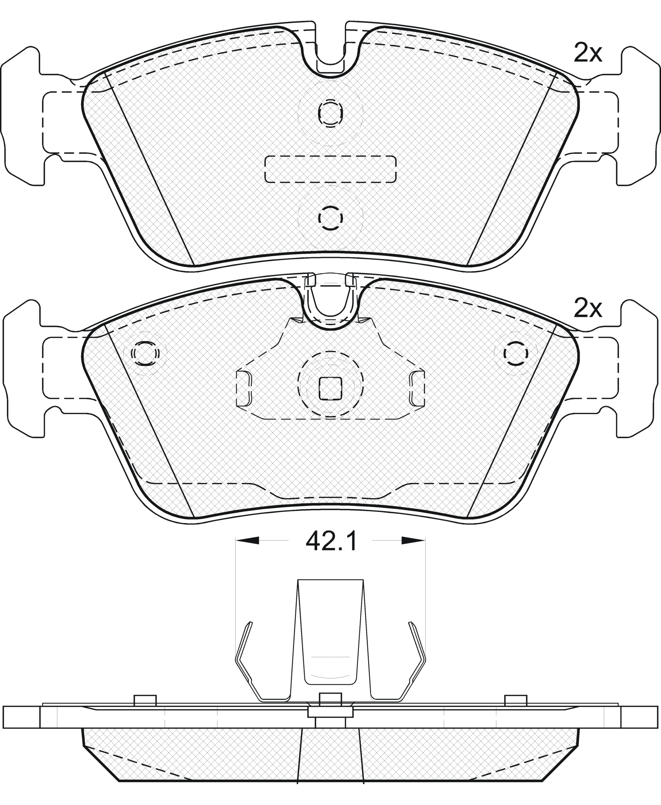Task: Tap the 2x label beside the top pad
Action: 588,53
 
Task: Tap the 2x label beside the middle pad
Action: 588,309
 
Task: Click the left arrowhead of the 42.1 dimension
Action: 247,540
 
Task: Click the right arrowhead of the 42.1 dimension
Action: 413,540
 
